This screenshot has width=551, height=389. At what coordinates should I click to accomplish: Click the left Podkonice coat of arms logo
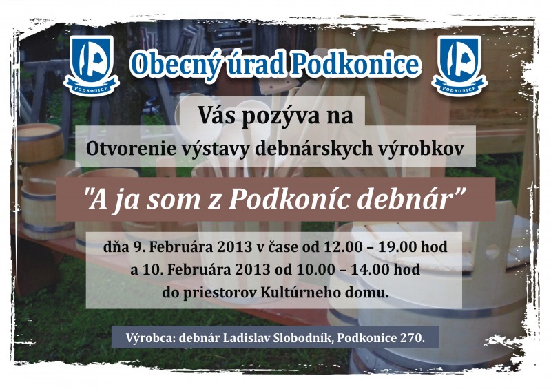(92, 65)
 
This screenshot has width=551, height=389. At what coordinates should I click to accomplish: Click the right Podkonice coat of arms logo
(459, 65)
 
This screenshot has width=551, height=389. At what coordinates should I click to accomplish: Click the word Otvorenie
(131, 149)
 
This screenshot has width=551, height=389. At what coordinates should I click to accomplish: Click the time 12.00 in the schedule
(339, 246)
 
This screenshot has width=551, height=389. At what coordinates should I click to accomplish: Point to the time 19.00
(394, 246)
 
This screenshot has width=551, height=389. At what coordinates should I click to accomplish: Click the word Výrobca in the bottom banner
(150, 338)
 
